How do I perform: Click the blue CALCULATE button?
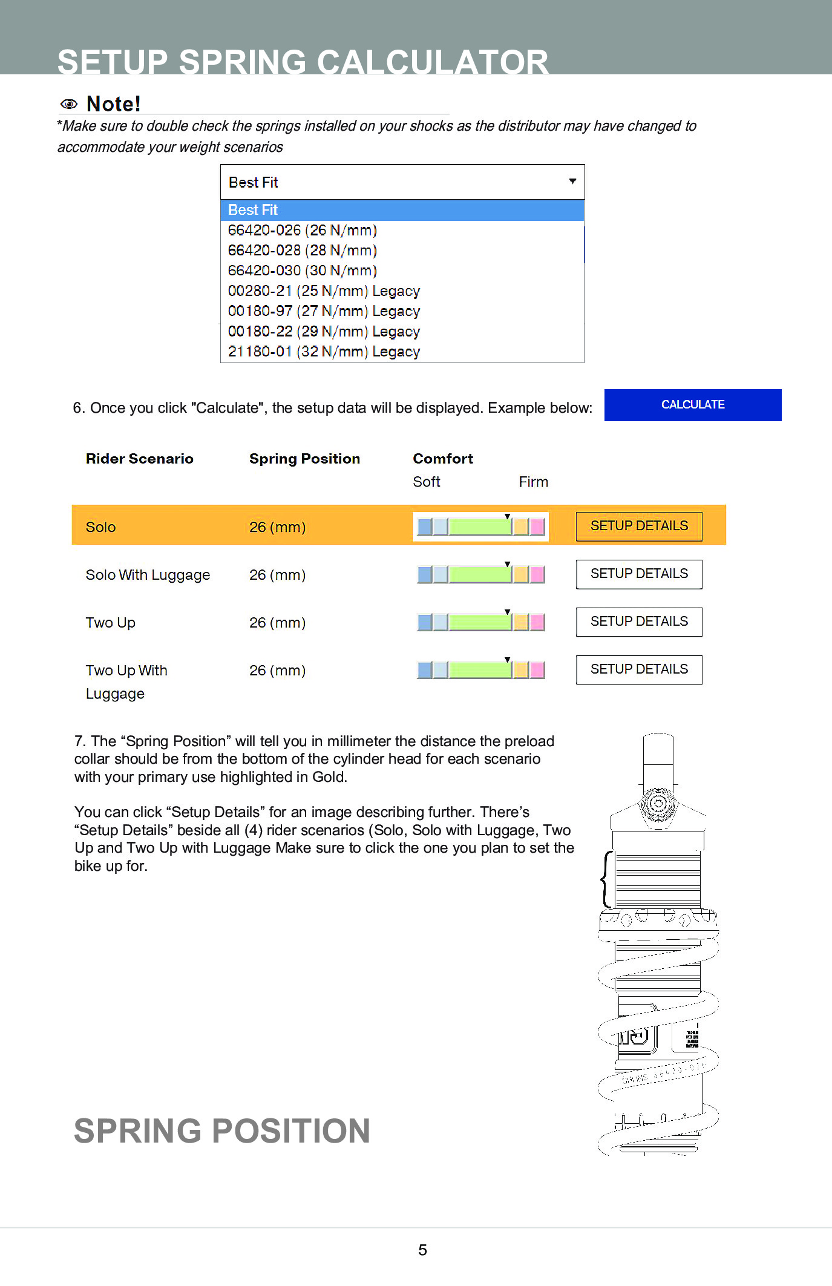click(x=692, y=405)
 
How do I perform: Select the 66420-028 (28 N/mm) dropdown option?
click(x=303, y=251)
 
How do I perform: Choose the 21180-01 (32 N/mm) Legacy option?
click(x=324, y=352)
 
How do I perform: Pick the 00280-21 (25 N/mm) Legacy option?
click(x=324, y=291)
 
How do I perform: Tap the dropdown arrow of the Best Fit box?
click(x=572, y=182)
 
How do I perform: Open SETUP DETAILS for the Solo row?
click(x=639, y=526)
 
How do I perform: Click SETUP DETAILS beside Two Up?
click(x=639, y=622)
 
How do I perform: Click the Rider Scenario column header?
click(x=140, y=459)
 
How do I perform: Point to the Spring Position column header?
click(x=304, y=459)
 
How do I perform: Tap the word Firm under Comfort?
click(x=533, y=482)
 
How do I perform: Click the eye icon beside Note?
click(x=69, y=104)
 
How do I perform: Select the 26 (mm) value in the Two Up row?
click(x=277, y=623)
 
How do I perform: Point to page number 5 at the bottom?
click(x=422, y=1250)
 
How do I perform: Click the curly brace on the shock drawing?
click(x=606, y=879)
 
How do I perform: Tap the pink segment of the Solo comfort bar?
click(x=537, y=527)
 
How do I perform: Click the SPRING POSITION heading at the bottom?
click(x=222, y=1130)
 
